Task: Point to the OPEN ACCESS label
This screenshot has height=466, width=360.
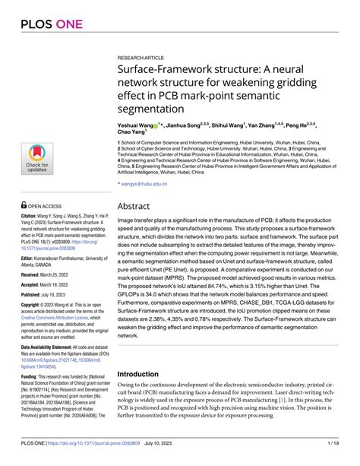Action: coord(47,205)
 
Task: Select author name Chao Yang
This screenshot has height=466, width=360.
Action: coord(131,131)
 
